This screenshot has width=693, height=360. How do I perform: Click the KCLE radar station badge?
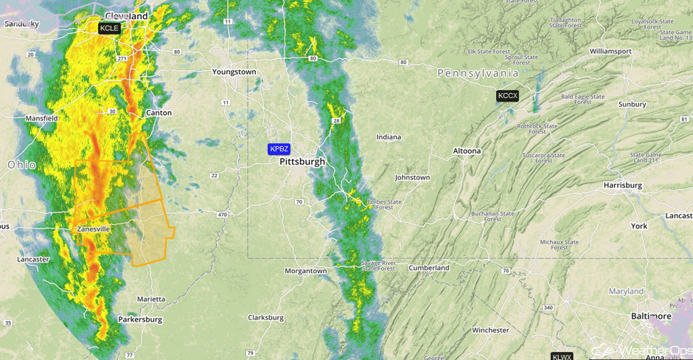(x=109, y=28)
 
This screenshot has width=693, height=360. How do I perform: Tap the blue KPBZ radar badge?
(x=279, y=149)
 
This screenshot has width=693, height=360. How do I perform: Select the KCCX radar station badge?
(x=507, y=96)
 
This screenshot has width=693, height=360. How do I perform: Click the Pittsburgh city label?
(x=302, y=162)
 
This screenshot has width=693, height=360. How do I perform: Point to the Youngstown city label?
(x=234, y=72)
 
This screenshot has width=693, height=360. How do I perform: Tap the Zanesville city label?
(x=94, y=229)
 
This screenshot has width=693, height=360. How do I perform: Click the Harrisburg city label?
(x=625, y=184)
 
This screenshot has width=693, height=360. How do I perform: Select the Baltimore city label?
(x=651, y=316)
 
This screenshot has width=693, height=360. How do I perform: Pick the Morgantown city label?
(x=306, y=271)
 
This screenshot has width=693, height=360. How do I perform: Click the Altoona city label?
(x=467, y=150)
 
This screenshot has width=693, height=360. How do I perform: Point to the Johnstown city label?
(x=412, y=178)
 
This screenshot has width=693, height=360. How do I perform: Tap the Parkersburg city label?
(x=140, y=319)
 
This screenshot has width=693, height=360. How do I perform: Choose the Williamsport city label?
(x=610, y=51)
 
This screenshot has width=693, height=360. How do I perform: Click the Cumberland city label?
(x=429, y=268)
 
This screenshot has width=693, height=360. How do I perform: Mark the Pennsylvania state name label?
(x=478, y=73)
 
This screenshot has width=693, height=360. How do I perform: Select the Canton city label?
(x=159, y=113)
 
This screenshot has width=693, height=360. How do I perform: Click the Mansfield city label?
(x=41, y=118)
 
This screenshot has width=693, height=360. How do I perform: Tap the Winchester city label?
(x=490, y=330)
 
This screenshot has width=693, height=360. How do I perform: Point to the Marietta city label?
(x=151, y=299)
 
